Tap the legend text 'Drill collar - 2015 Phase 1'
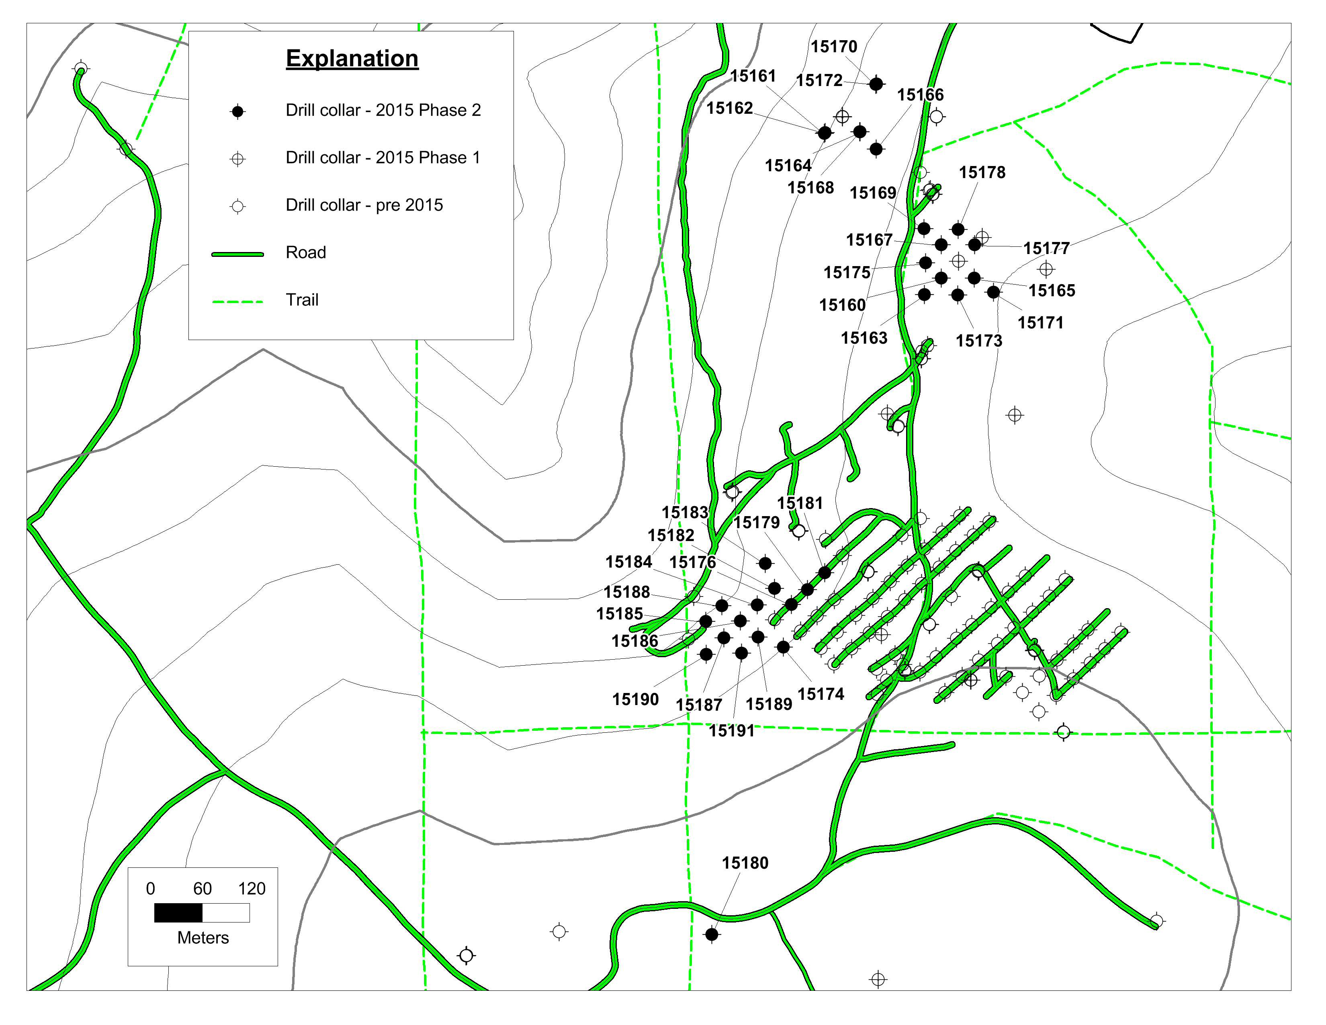click(x=383, y=158)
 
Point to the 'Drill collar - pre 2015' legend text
click(x=364, y=205)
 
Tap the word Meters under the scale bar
click(x=203, y=938)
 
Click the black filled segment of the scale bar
click(x=178, y=913)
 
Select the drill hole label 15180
click(x=745, y=863)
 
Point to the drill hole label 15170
click(x=834, y=47)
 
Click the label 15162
click(x=729, y=108)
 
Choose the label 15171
click(x=1040, y=323)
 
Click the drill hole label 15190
click(x=635, y=699)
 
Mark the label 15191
click(x=732, y=731)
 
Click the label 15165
click(x=1052, y=291)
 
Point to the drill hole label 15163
click(x=864, y=338)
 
